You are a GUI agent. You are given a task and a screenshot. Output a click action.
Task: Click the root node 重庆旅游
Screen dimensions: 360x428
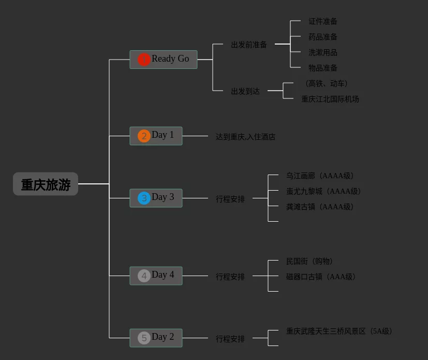pyautogui.click(x=46, y=184)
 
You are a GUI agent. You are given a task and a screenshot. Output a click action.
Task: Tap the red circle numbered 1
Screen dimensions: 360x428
pyautogui.click(x=144, y=60)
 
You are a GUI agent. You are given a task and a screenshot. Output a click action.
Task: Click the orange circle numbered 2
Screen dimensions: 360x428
pyautogui.click(x=144, y=136)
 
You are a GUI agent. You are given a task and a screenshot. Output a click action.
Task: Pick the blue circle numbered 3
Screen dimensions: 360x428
pyautogui.click(x=144, y=198)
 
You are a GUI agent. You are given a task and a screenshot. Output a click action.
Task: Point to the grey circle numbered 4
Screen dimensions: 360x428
pyautogui.click(x=144, y=276)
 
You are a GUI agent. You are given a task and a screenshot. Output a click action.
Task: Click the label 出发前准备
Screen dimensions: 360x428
pyautogui.click(x=249, y=45)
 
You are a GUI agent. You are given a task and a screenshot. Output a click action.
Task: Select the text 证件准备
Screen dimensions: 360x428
pyautogui.click(x=323, y=21)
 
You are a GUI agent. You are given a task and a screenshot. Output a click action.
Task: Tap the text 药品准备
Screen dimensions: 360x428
pyautogui.click(x=323, y=37)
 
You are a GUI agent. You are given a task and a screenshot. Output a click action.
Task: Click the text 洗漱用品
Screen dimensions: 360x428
pyautogui.click(x=323, y=52)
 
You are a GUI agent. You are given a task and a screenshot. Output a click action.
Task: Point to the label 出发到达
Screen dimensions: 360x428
pyautogui.click(x=245, y=91)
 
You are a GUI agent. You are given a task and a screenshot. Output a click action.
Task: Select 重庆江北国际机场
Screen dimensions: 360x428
pyautogui.click(x=330, y=99)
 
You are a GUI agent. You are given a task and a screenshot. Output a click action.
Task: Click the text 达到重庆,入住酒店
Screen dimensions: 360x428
pyautogui.click(x=245, y=137)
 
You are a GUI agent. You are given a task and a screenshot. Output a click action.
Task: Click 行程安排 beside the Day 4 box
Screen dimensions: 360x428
pyautogui.click(x=230, y=277)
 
